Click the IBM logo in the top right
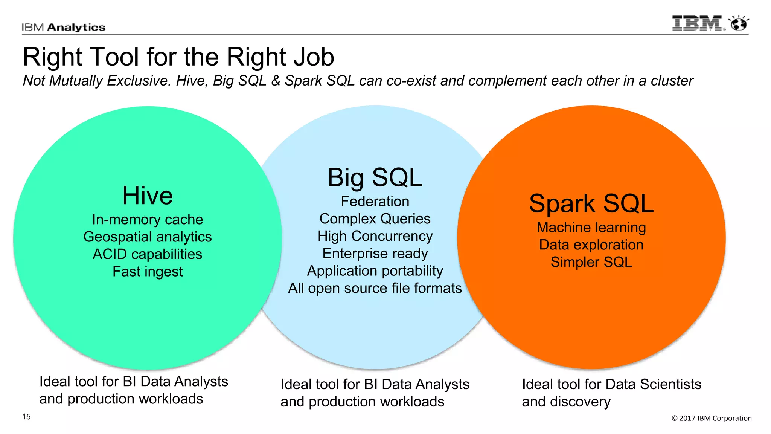point(698,23)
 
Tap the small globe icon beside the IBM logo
point(739,23)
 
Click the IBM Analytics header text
point(63,27)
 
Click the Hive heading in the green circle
point(148,196)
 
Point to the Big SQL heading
point(375,177)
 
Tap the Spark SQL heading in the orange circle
point(591,203)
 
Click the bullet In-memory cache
point(148,219)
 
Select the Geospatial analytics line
point(148,237)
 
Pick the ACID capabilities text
point(148,254)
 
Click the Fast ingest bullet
point(148,271)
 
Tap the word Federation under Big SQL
point(375,201)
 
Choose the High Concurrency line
point(375,236)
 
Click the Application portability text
point(375,270)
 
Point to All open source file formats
point(375,288)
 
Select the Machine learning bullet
point(591,227)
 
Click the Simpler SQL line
point(591,262)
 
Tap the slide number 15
point(26,417)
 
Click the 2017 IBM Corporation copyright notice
point(712,418)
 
